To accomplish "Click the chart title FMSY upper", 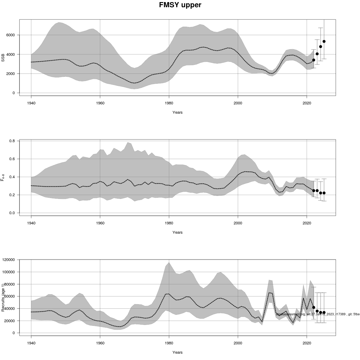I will (180, 5).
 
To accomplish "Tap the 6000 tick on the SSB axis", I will (11, 35).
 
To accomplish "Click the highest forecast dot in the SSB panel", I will (324, 41).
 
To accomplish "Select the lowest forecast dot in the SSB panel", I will (314, 60).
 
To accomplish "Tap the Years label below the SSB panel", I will (177, 112).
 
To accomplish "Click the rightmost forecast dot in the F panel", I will (324, 193).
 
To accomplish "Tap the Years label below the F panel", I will (177, 232).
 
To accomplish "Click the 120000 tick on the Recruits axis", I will (9, 260).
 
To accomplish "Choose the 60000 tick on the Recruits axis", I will (10, 296).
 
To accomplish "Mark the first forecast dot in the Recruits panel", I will (314, 307).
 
